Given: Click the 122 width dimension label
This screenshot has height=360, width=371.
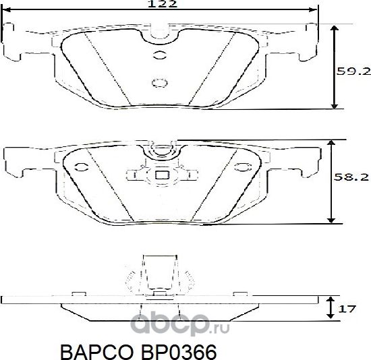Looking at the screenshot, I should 163,4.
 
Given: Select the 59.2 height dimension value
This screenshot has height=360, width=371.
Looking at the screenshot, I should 353,69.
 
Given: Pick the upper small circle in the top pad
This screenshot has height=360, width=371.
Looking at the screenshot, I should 161,55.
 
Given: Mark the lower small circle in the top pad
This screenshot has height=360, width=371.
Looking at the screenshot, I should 161,82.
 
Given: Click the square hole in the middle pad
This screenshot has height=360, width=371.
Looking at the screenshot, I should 161,177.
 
